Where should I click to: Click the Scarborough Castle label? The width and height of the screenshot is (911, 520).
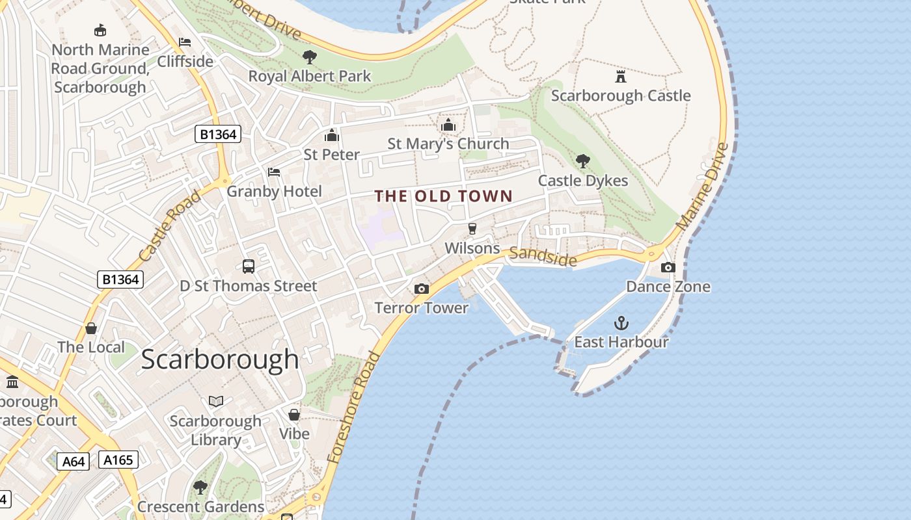620,96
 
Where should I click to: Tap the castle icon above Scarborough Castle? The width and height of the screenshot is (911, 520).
621,77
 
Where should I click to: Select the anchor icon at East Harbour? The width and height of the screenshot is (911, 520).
621,323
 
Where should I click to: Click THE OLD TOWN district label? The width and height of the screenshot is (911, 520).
444,196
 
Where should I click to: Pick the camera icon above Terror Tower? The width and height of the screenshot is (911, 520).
422,289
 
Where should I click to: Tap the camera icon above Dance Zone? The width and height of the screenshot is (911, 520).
668,267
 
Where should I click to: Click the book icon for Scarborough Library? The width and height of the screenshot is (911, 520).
216,402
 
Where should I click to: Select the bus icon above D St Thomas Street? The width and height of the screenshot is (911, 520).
249,266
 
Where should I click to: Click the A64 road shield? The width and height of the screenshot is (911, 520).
73,461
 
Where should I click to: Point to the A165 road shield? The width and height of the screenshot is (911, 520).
118,460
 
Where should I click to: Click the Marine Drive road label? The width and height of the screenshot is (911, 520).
703,186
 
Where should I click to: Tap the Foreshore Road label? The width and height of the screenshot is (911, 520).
353,407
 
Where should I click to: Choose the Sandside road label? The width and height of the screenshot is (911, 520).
543,257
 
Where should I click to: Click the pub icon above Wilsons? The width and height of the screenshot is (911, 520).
472,229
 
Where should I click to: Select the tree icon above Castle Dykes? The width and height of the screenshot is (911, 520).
582,161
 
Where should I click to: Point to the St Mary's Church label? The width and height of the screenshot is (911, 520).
448,144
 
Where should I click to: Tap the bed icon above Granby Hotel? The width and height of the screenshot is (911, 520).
274,172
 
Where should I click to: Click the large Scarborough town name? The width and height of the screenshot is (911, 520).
220,359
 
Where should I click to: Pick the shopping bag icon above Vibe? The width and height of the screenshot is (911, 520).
294,414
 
